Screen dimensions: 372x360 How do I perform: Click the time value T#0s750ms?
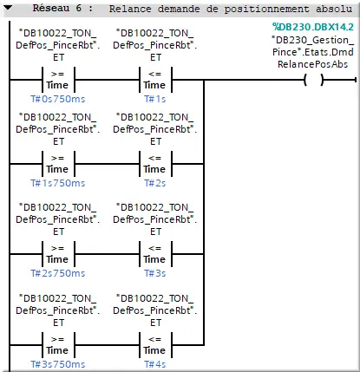tap(57, 99)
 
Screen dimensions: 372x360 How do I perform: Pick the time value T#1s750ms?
tap(57, 183)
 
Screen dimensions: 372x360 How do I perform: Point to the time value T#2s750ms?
tap(57, 272)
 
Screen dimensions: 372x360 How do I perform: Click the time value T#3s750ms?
tap(57, 363)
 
